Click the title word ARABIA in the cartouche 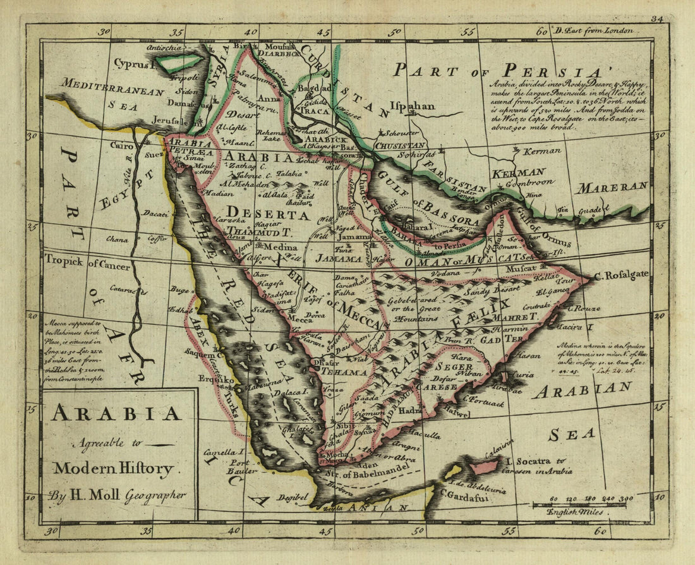[117, 413]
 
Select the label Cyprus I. [135, 64]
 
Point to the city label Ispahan [412, 106]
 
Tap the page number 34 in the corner [657, 20]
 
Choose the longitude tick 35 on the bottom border [147, 532]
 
